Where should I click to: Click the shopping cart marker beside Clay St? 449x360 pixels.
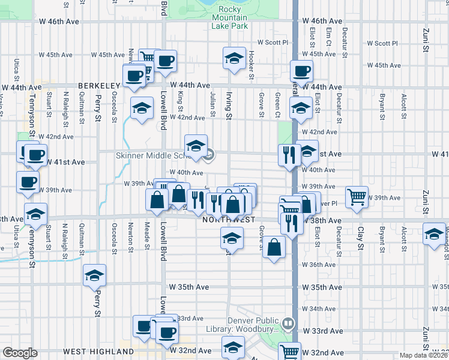[357, 197]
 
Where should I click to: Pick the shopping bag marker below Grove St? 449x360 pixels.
[274, 247]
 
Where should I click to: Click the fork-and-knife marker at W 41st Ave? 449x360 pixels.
[289, 155]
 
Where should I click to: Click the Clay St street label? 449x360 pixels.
[361, 235]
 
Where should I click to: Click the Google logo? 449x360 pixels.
[20, 353]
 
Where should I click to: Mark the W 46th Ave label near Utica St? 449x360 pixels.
[64, 22]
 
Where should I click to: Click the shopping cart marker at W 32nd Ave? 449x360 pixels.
[290, 352]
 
